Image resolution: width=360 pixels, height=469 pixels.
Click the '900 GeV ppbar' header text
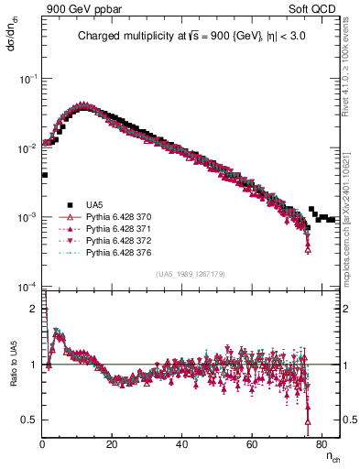(x=80, y=8)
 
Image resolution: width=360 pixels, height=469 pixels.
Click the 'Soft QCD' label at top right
(x=316, y=8)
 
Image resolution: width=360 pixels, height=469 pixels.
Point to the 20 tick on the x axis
(x=112, y=446)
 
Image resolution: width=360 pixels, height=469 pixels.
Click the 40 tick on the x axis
(x=181, y=446)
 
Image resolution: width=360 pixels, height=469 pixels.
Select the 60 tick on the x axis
(x=252, y=446)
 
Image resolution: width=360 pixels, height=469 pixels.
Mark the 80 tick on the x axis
(x=322, y=446)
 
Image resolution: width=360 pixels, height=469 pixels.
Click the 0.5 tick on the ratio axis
(x=32, y=420)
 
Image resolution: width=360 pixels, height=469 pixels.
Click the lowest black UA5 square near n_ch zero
(x=44, y=174)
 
